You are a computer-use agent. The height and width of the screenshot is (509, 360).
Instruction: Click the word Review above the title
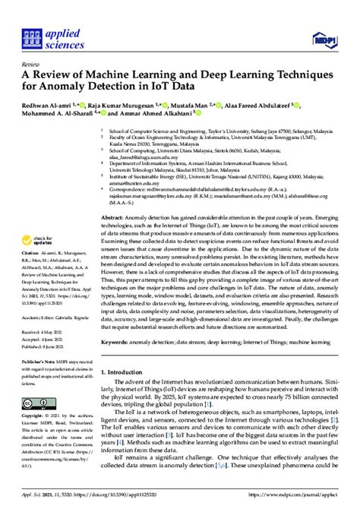click(x=32, y=65)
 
